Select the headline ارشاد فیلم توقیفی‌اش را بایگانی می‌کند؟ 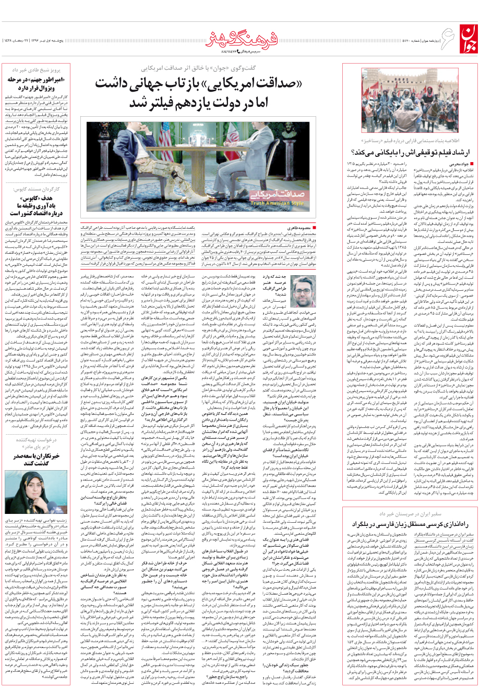pos(407,152)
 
